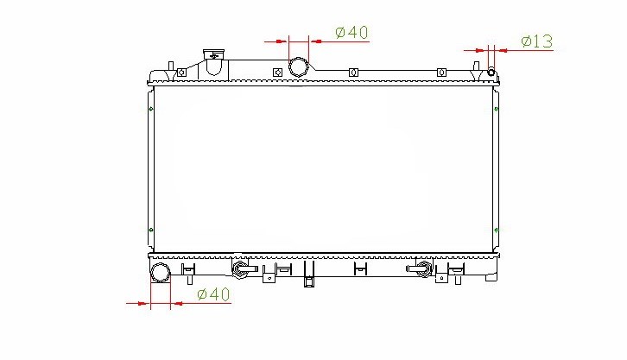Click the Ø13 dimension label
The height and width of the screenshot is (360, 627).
point(536,41)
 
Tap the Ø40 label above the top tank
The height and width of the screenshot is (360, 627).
point(351,32)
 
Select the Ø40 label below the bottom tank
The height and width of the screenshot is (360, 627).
point(213,294)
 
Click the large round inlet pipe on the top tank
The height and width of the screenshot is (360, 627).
point(299,66)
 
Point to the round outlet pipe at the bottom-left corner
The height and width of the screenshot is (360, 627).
point(161,273)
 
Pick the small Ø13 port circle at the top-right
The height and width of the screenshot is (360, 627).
point(491,73)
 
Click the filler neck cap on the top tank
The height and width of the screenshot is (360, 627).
point(213,54)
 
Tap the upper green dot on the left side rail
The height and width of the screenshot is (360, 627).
point(151,109)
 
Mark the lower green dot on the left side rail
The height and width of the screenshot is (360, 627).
point(151,230)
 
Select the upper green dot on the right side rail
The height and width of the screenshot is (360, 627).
point(496,109)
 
